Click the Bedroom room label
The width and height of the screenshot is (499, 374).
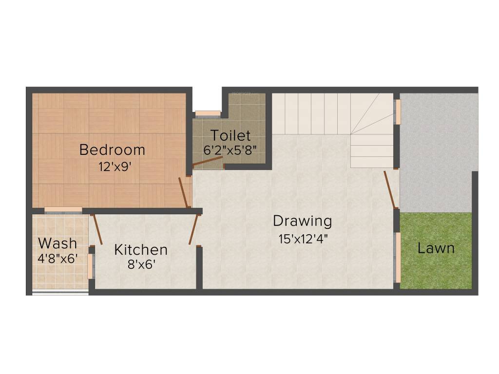click(112, 150)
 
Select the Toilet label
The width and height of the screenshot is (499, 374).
click(230, 135)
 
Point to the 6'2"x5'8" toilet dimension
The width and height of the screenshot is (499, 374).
click(230, 150)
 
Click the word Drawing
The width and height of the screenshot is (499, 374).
click(302, 221)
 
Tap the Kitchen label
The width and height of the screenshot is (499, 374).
click(141, 250)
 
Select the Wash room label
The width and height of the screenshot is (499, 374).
click(58, 243)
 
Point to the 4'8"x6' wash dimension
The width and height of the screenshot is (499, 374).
click(58, 258)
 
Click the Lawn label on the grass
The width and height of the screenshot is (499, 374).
click(436, 248)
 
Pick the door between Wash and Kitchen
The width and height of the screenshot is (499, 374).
click(97, 228)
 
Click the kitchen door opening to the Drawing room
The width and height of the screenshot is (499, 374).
click(193, 228)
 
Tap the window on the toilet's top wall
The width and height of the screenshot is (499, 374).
click(208, 114)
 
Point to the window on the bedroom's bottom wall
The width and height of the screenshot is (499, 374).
click(63, 210)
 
